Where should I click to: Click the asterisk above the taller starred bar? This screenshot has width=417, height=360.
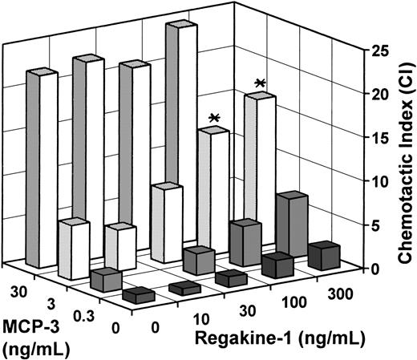point(259,83)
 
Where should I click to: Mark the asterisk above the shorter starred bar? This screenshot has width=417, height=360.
point(214,119)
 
